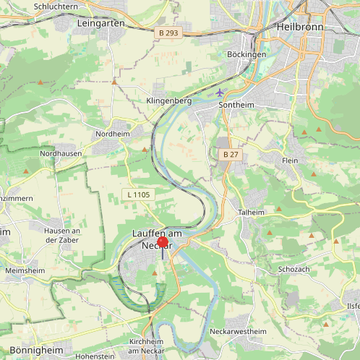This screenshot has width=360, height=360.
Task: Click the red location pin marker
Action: click(x=162, y=245)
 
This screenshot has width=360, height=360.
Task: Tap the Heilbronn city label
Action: click(x=299, y=27)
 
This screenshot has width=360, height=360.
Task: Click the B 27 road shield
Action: click(x=230, y=155)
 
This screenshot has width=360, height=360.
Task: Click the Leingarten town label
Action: click(x=100, y=23)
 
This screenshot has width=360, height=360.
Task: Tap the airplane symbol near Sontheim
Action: click(x=220, y=93)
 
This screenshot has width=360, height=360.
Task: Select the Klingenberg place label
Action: click(x=168, y=100)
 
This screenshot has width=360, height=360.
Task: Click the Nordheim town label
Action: click(x=111, y=134)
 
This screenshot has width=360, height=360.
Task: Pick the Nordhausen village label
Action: click(x=61, y=153)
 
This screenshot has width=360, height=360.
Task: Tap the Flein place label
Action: click(x=290, y=160)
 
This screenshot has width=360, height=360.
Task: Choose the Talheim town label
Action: click(x=252, y=213)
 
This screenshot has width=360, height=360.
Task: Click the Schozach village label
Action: click(x=293, y=269)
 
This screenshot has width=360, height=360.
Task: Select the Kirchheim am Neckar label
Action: click(x=151, y=346)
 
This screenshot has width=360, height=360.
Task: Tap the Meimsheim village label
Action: click(x=25, y=270)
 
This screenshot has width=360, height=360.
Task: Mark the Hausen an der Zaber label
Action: click(x=61, y=235)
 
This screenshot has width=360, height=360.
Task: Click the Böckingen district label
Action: click(x=247, y=54)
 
